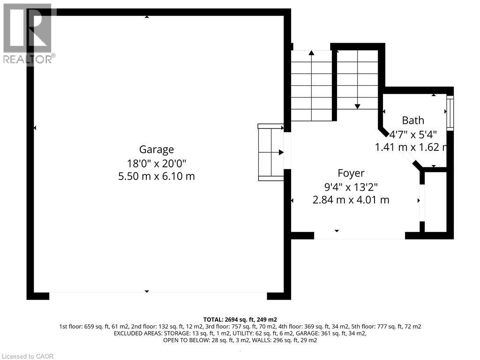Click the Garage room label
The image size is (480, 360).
156,150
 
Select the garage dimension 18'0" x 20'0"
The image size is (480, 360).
156,163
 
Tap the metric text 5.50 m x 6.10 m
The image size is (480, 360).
156,176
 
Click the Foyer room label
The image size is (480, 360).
351,173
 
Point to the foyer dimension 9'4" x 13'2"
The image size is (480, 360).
351,187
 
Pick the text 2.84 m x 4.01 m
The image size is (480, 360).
351,200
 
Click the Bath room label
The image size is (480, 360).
412,120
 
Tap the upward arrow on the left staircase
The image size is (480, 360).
311,53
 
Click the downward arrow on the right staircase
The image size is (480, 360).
357,106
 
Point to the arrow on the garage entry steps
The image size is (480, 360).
281,152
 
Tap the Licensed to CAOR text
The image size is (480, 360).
27,356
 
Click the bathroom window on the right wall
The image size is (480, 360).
450,113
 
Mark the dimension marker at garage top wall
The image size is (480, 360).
147,17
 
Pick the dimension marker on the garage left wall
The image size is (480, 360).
35,127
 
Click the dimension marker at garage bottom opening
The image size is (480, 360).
147,291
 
